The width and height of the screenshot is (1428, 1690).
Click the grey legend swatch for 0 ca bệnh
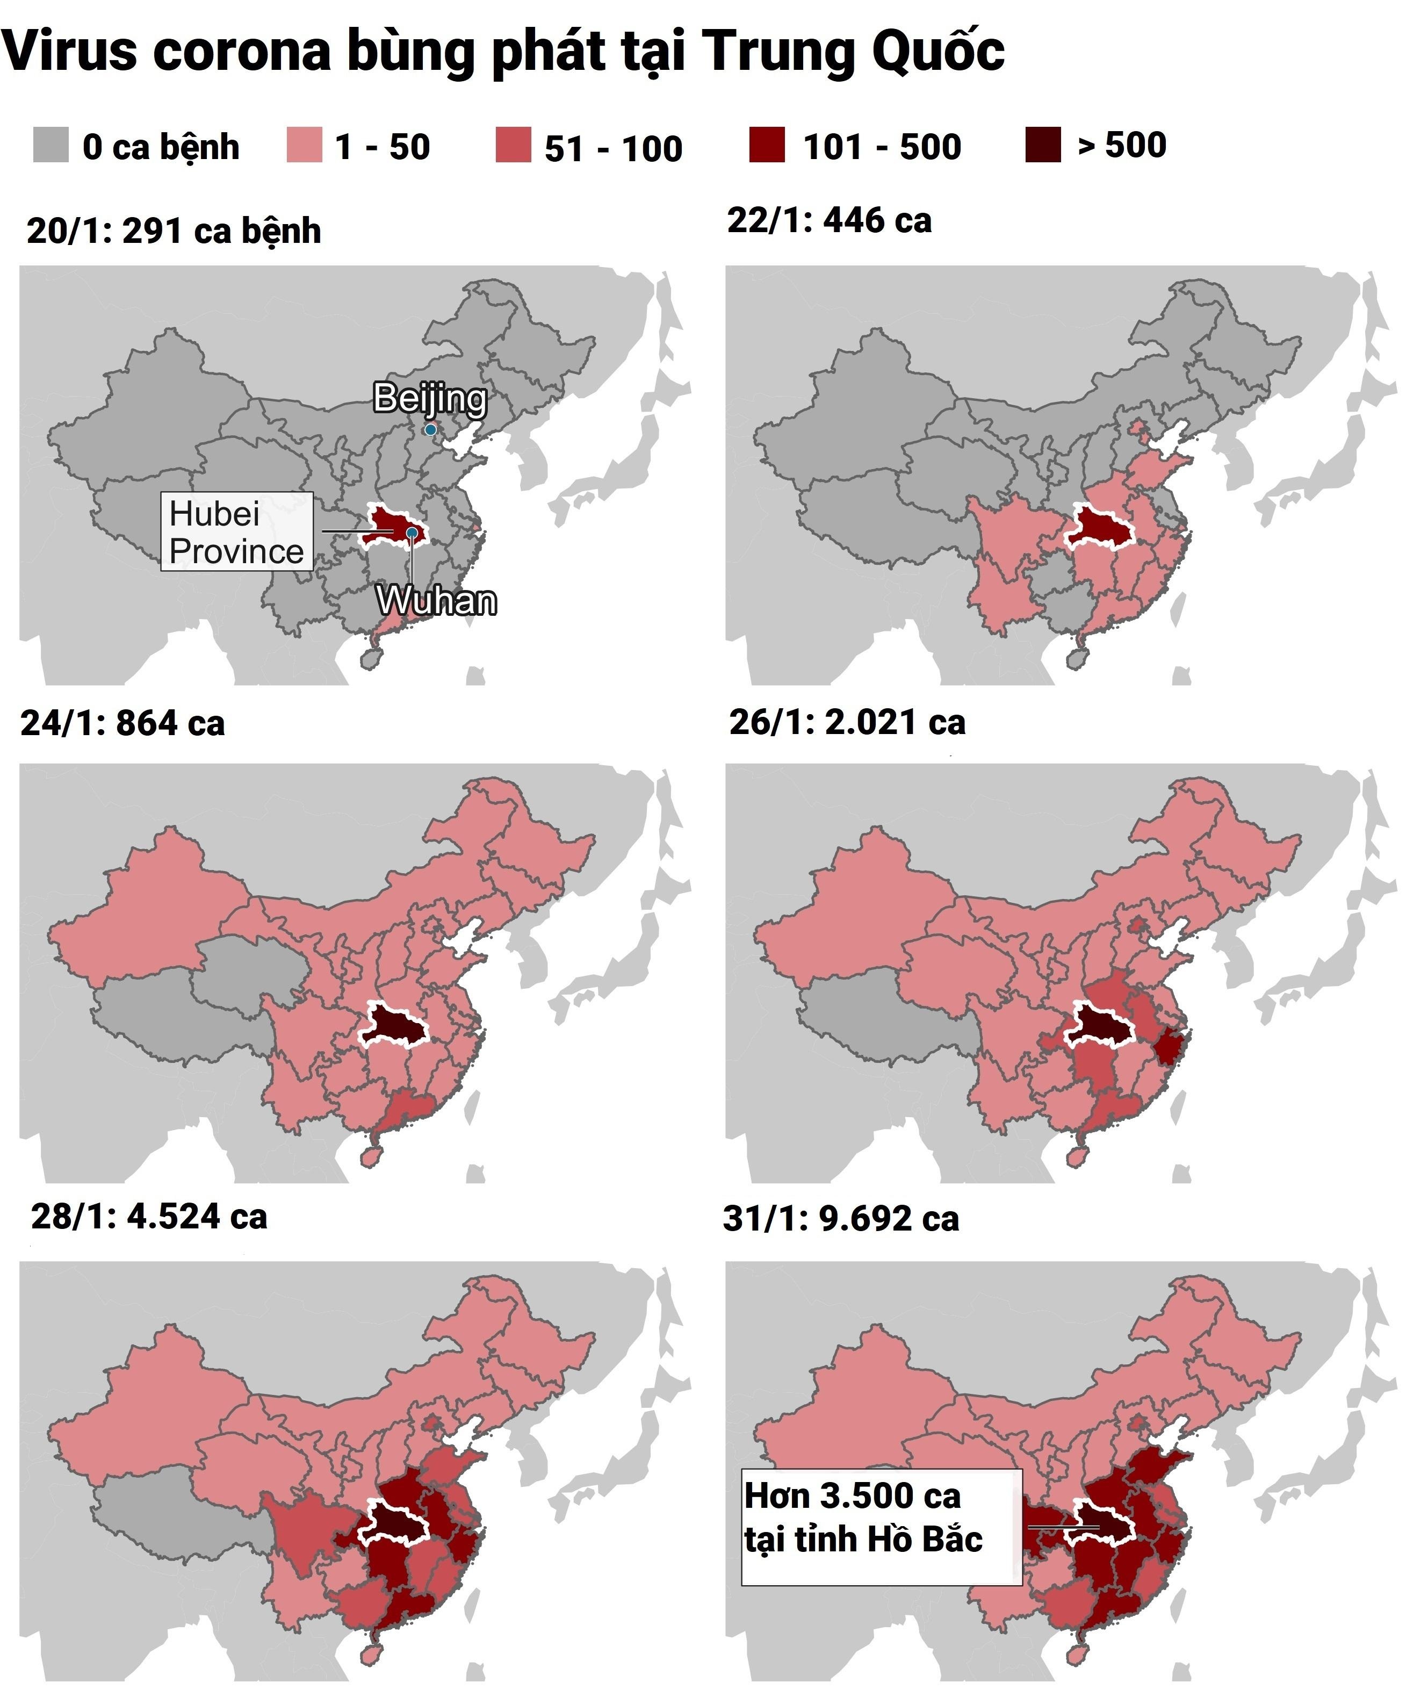click(x=50, y=146)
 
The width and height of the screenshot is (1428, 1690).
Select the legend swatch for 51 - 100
click(x=513, y=146)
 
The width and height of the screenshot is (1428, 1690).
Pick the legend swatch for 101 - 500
click(x=767, y=146)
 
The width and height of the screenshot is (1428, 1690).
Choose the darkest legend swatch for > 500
click(x=1043, y=146)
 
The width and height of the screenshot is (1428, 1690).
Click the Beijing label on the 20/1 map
click(x=429, y=398)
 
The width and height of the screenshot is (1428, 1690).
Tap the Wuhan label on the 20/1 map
click(x=436, y=601)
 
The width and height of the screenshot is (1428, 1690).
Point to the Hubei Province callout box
click(x=236, y=532)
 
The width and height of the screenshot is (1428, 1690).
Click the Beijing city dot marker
click(x=431, y=429)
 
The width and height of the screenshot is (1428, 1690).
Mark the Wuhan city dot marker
click(x=412, y=532)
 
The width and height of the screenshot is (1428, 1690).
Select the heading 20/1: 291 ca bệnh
click(x=174, y=231)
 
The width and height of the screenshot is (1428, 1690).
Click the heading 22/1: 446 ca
click(x=829, y=220)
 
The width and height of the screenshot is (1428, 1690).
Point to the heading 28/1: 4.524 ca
click(x=149, y=1216)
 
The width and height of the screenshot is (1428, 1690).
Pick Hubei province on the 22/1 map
click(x=1099, y=527)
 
